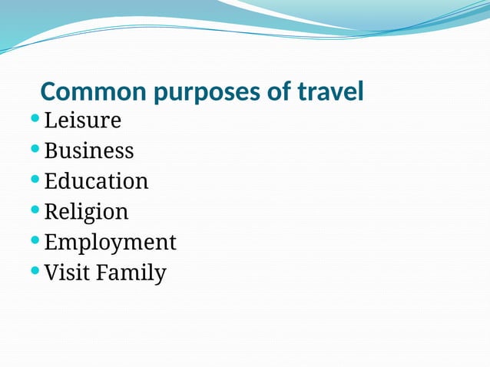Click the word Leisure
coord(83,121)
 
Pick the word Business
coord(89,150)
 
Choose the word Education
coord(96,181)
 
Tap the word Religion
coord(86,212)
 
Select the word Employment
coord(110,243)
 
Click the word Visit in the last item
coord(64,273)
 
